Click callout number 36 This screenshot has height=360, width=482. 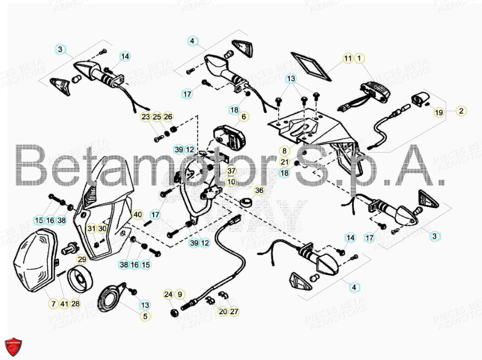259,190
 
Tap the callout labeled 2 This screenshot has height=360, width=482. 461,111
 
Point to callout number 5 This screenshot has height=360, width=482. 145,316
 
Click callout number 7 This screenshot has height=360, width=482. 53,304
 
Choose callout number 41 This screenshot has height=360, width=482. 64,304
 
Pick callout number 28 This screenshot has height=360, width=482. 76,304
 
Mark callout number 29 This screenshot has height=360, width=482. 82,259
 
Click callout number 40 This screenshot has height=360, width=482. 138,214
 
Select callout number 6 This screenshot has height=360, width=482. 243,117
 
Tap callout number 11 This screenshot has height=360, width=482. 348,58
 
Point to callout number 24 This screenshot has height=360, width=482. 168,294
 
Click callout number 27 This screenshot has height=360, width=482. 234,311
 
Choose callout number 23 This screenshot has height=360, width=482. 145,117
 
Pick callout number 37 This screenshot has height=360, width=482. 231,171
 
